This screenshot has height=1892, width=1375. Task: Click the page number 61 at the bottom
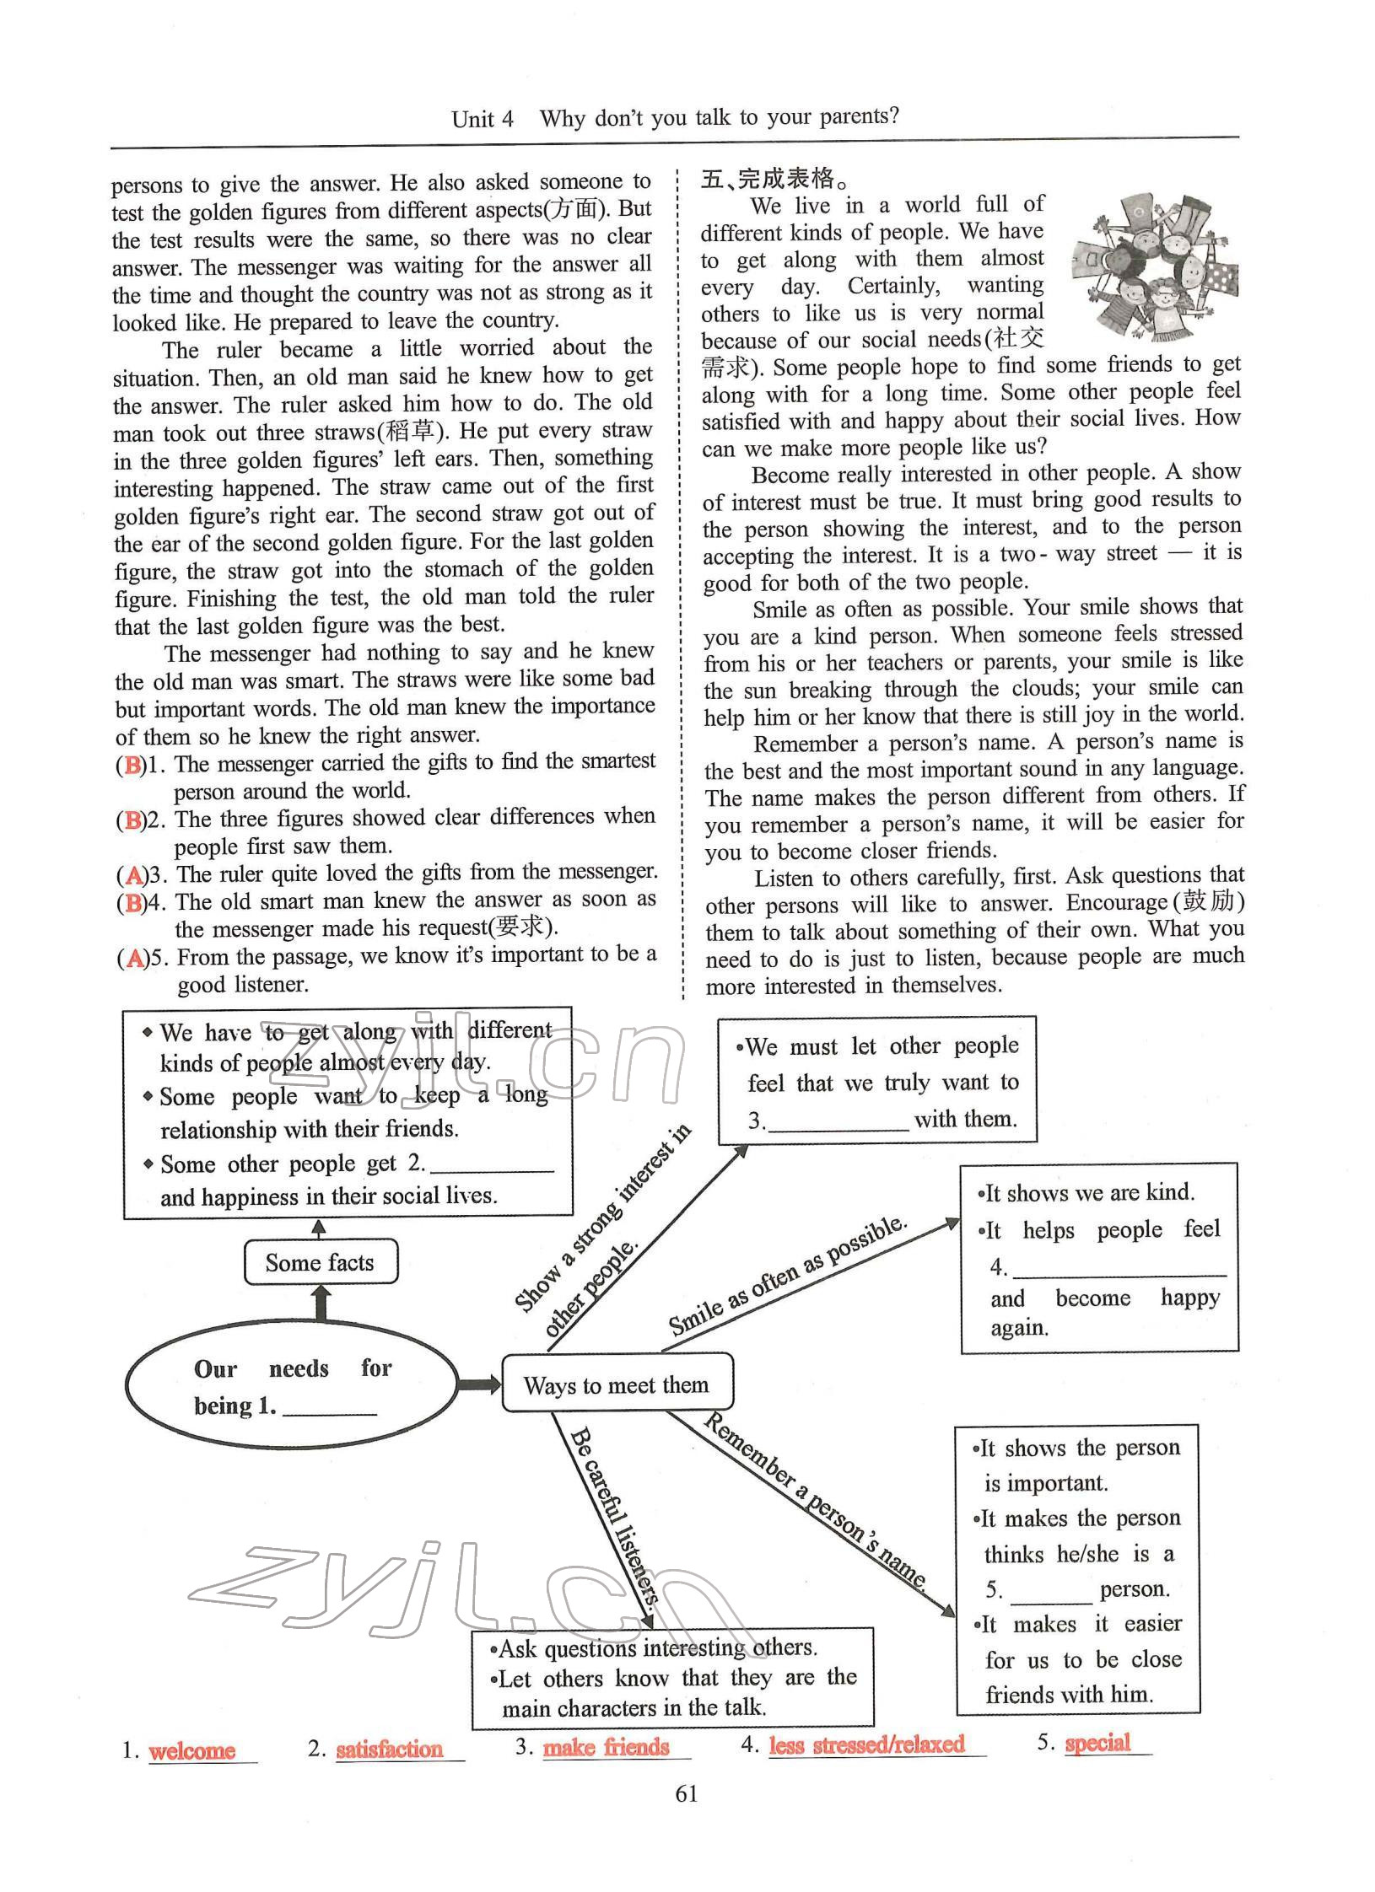(687, 1793)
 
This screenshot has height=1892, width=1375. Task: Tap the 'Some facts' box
(320, 1262)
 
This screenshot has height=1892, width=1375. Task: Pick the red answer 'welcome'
(191, 1750)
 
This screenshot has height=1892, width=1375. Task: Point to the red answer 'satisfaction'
(389, 1749)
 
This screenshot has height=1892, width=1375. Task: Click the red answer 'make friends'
(606, 1747)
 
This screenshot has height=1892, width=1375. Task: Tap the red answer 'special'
(1097, 1743)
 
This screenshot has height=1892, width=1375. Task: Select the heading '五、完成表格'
(774, 180)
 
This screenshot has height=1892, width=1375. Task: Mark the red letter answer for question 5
(134, 959)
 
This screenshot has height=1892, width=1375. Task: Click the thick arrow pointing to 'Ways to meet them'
(479, 1384)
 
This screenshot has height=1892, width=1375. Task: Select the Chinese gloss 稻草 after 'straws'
(411, 432)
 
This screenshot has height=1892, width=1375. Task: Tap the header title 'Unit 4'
(482, 118)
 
